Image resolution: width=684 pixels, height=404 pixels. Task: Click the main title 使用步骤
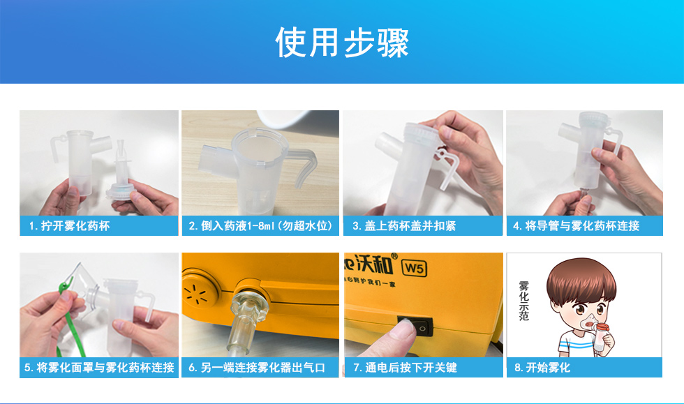pos(342,43)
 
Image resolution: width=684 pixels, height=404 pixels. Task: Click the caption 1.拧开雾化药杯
pos(69,226)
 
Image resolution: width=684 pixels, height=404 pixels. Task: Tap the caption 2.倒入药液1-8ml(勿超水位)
pos(260,226)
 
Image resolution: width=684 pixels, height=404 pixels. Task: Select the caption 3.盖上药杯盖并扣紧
pos(404,226)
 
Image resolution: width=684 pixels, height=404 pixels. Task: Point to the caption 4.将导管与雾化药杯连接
pos(577,226)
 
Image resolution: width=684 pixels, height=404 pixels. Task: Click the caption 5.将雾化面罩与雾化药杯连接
pos(99,368)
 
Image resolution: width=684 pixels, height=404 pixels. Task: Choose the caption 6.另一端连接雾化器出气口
pos(257,368)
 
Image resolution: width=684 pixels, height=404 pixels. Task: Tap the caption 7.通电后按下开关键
pos(405,368)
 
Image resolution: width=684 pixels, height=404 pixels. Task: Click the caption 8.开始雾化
pos(542,368)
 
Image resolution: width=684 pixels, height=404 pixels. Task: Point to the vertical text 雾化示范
pos(524,301)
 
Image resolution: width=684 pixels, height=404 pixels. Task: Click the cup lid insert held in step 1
pos(119,175)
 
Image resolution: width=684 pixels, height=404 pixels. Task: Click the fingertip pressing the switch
pos(401,331)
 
